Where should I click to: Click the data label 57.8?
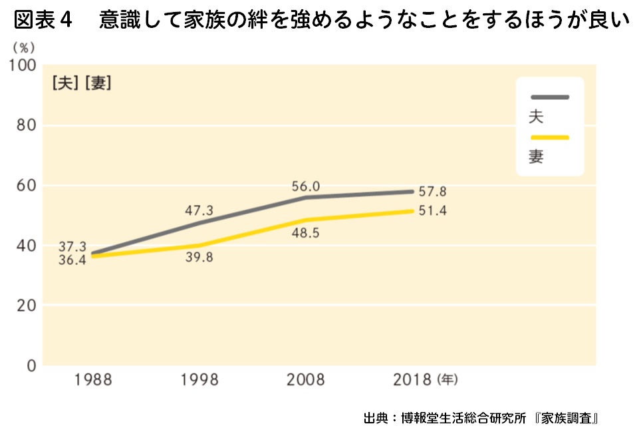point(432,192)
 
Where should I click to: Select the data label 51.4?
point(432,212)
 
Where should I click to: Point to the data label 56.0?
point(306,186)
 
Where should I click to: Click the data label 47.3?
point(199,211)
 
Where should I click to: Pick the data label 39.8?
point(199,258)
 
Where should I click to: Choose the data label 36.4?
point(72,260)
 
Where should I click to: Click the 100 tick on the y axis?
point(21,66)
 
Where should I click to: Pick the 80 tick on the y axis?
point(27,126)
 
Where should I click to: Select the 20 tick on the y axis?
point(27,306)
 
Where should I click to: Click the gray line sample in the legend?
point(549,97)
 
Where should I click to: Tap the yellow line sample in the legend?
point(549,138)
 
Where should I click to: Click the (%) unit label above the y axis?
point(21,48)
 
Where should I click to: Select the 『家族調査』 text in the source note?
point(567,419)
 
